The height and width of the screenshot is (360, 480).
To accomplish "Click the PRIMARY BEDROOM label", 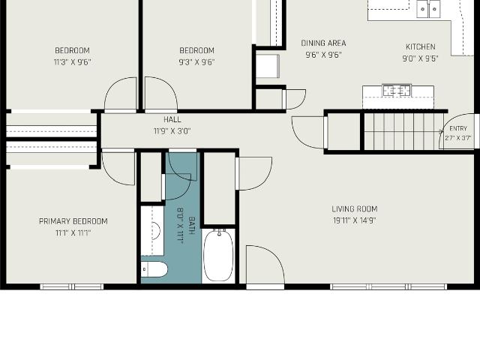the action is pos(73,221).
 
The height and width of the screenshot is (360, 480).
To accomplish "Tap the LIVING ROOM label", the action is pos(355,209).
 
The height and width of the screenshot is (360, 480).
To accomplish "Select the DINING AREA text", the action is pos(323,43).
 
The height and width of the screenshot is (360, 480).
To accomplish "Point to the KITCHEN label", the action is pos(420,46).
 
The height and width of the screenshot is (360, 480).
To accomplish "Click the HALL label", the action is pos(172,119).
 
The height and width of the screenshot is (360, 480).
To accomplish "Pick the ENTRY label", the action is pos(458,128).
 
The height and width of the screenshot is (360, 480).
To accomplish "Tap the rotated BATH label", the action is pos(192,226).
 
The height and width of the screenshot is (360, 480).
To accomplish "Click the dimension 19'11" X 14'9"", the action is pos(355,220).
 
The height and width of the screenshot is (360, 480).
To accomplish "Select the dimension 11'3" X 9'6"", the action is pos(73,62).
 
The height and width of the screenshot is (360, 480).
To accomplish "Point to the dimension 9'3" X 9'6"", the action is pos(196,62).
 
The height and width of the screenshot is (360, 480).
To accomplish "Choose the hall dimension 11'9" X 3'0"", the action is pos(172,131).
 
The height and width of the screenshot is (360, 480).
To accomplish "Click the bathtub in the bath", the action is pos(218,255).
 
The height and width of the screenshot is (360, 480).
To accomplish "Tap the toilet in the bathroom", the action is pos(154,270).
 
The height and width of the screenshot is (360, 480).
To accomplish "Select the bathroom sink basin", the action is pos(156,231).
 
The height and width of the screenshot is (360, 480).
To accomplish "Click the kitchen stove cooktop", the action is pos(397,90).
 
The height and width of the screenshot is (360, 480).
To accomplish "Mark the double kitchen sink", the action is pos(428,9).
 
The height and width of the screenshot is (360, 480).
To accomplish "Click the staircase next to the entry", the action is pos(403,132).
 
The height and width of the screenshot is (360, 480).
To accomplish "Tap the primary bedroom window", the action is pos(72,286).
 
